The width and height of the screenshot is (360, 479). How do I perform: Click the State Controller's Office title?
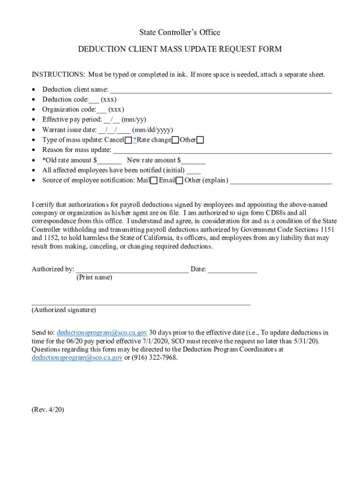click(180, 32)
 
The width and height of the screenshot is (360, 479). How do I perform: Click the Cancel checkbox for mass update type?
click(128, 140)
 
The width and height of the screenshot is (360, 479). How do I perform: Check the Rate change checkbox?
click(175, 140)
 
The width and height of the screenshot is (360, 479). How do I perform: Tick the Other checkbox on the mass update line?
click(200, 140)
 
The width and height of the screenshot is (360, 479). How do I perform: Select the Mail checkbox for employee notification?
click(154, 181)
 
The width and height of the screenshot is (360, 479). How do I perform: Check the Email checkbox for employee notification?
click(179, 181)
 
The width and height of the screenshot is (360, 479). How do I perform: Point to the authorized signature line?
click(141, 304)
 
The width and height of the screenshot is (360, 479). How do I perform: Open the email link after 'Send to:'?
click(102, 333)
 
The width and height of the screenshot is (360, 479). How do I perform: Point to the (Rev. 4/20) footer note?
click(48, 409)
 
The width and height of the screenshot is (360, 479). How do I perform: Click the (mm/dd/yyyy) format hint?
click(152, 130)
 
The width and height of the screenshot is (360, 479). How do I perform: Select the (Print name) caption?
click(94, 277)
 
